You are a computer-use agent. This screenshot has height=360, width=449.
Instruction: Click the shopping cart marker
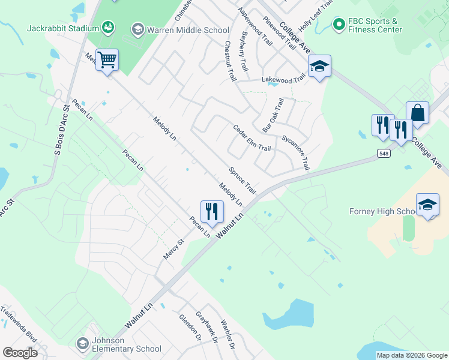coord(107,60)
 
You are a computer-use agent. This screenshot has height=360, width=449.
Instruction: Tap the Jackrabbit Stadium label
coord(62,28)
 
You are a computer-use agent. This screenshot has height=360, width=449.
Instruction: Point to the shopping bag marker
coord(417,112)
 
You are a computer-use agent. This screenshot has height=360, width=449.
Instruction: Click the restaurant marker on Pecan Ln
coord(211,212)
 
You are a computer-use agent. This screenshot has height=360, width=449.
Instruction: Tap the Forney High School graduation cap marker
coord(427,205)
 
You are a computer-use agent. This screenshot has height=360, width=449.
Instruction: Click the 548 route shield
coord(384,154)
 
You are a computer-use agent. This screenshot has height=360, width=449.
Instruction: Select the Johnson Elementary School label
coord(126,344)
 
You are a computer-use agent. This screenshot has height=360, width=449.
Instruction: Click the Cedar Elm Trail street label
coord(252,138)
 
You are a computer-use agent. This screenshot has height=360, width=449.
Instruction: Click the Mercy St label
coord(173,249)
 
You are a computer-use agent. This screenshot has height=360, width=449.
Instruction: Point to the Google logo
coord(20,353)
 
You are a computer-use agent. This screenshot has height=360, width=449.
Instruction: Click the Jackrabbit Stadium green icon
coord(108,26)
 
